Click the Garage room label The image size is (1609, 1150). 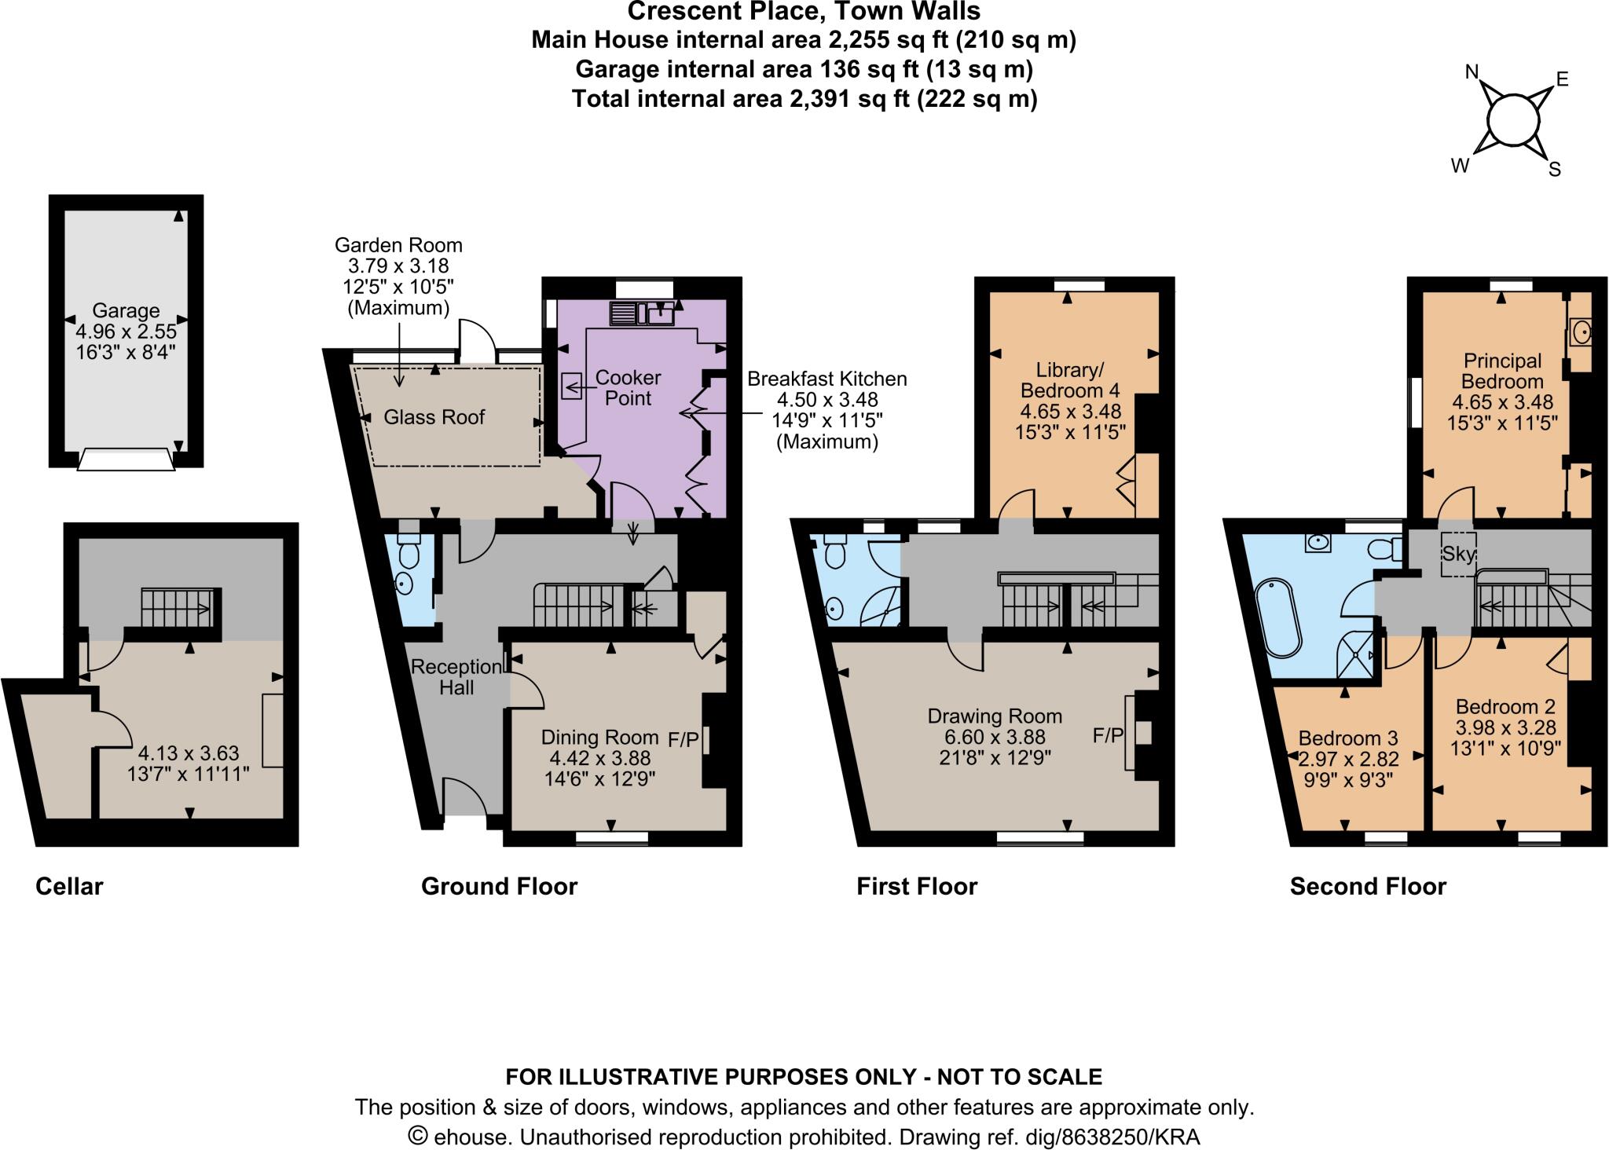pos(126,310)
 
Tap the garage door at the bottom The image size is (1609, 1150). pos(126,460)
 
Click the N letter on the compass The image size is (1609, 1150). pos(1472,74)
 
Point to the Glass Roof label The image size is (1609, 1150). pos(434,417)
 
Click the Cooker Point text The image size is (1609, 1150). pos(628,388)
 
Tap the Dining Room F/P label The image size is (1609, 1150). pos(684,739)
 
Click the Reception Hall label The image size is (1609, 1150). pos(456,677)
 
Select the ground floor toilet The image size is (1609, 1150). pos(409,550)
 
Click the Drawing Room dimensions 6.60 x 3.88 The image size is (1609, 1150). pos(995,737)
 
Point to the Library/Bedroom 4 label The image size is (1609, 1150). pos(1070,380)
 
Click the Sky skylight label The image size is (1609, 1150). pos(1458,554)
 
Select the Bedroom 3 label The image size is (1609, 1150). pos(1347,738)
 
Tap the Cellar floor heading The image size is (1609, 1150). pos(69,887)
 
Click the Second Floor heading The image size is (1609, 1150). pos(1367,887)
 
